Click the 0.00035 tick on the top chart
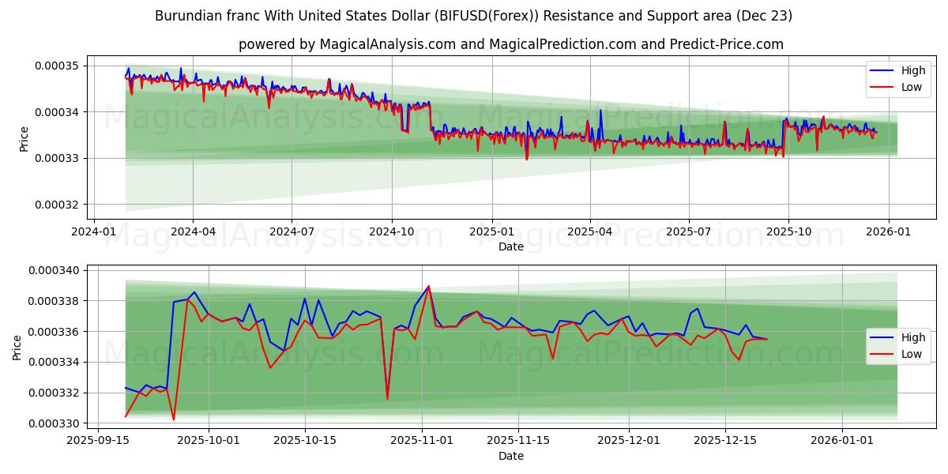pyautogui.click(x=57, y=66)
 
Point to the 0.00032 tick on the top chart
pyautogui.click(x=57, y=205)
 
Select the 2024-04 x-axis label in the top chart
pyautogui.click(x=193, y=232)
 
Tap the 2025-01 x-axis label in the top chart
pyautogui.click(x=491, y=232)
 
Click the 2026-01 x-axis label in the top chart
pyautogui.click(x=889, y=232)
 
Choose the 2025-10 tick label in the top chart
pyautogui.click(x=788, y=232)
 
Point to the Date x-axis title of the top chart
pyautogui.click(x=511, y=246)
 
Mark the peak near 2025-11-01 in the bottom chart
pyautogui.click(x=428, y=286)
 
